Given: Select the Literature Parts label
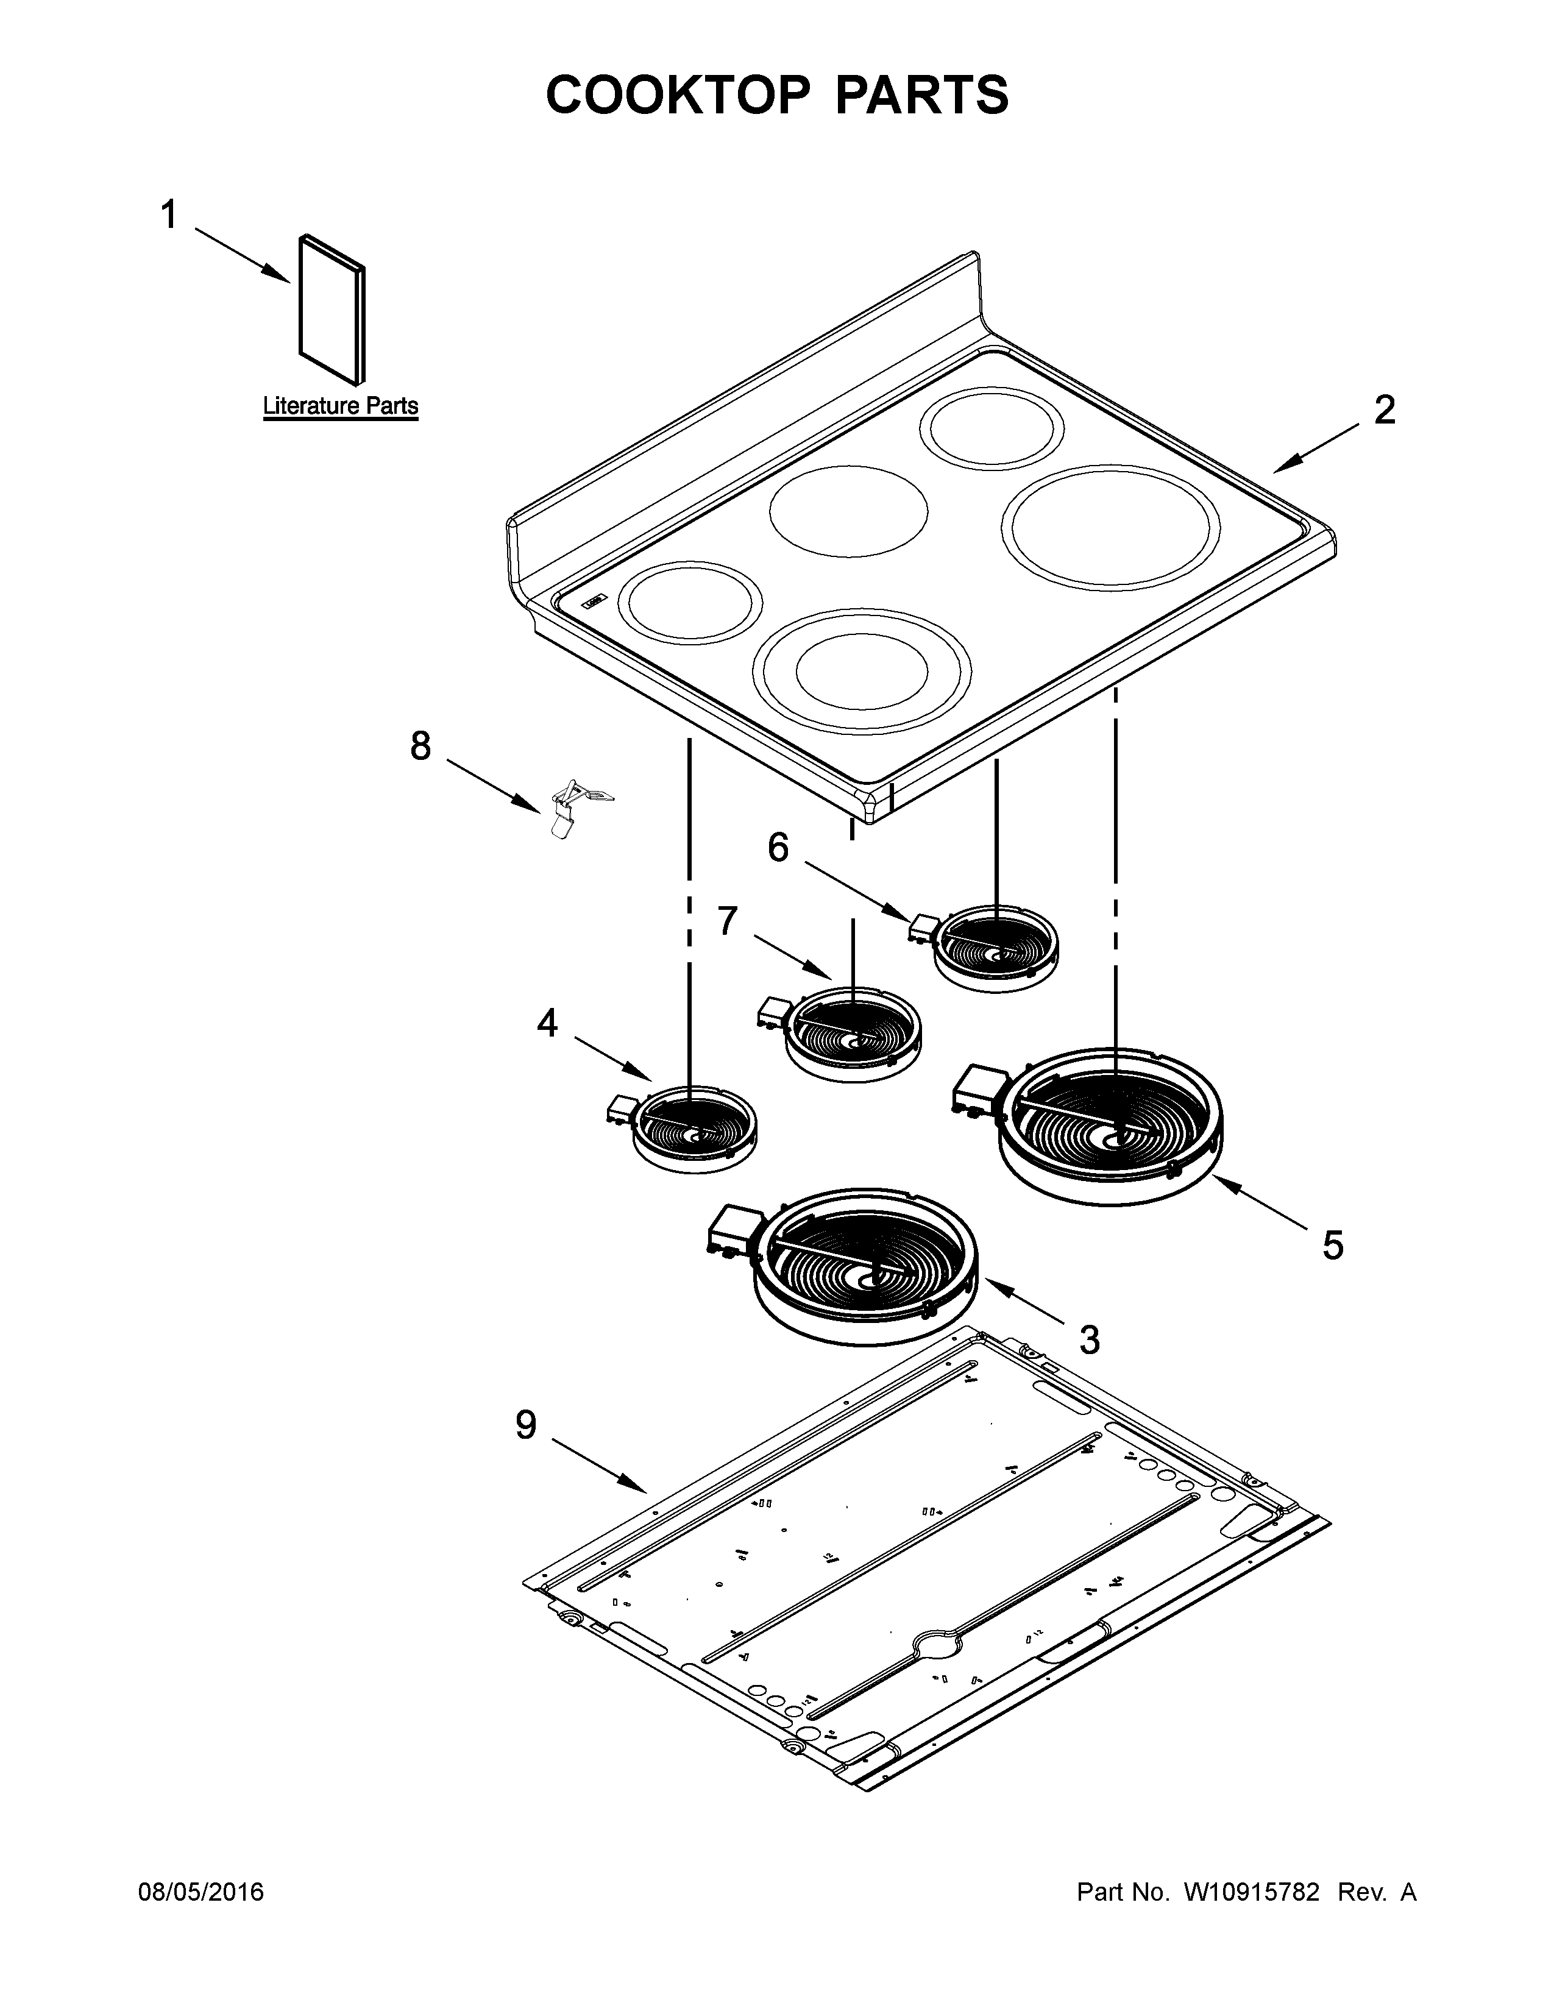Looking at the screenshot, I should click(x=341, y=406).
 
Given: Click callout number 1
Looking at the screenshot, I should click(x=168, y=216).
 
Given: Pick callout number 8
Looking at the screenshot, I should click(x=420, y=746).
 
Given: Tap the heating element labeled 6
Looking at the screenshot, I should click(x=995, y=948).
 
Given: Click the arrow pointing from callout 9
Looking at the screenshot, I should click(x=598, y=1468).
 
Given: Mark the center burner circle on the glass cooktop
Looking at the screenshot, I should click(x=848, y=512).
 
